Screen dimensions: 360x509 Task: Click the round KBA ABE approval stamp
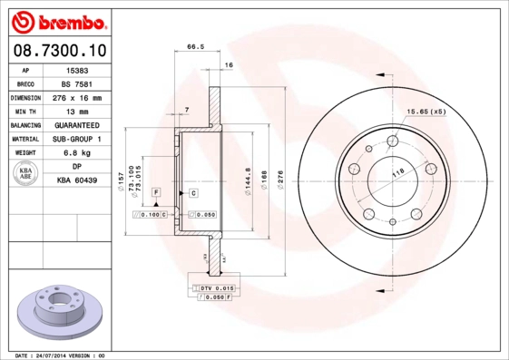click(26, 174)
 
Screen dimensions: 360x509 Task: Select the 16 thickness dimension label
click(229, 65)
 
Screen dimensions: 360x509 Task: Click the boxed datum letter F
click(156, 193)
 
